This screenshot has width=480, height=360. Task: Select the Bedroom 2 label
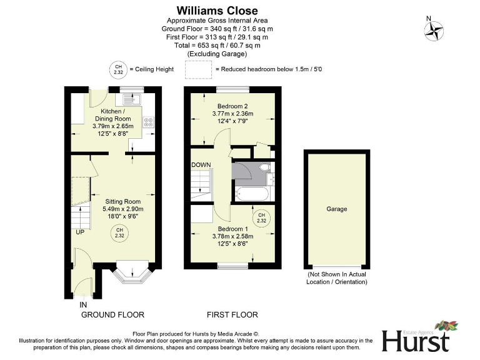click(x=232, y=106)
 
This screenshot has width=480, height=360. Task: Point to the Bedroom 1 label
click(x=232, y=229)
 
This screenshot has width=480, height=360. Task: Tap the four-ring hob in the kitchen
click(x=149, y=122)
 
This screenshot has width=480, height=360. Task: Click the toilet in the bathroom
click(x=264, y=167)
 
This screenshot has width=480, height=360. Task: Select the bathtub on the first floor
click(x=252, y=193)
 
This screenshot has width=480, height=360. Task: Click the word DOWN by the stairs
click(x=201, y=165)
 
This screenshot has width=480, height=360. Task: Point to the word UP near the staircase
click(x=81, y=232)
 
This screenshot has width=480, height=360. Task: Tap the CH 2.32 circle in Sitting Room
click(x=119, y=234)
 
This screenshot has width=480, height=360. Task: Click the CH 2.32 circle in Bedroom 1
click(x=261, y=218)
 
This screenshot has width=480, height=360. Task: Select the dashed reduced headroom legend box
click(x=199, y=69)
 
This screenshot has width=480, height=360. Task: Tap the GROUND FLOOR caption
click(x=113, y=314)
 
